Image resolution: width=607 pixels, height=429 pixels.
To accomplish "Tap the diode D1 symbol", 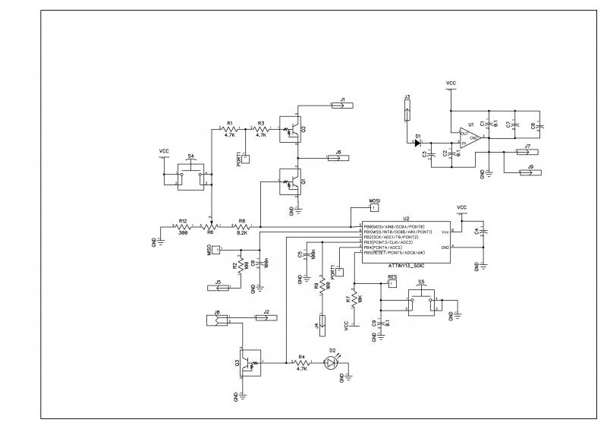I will click(x=417, y=141).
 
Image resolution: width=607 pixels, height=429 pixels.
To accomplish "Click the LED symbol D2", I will click(x=331, y=363).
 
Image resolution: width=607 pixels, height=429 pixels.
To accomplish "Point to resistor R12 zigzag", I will click(x=182, y=226).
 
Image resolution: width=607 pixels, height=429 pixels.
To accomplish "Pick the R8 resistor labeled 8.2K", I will click(x=243, y=226).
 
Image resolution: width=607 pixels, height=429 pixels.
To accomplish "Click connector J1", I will click(x=342, y=106).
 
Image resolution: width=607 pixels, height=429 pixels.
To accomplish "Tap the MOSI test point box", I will click(x=373, y=207).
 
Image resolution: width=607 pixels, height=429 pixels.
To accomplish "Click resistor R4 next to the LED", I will click(x=302, y=363).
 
